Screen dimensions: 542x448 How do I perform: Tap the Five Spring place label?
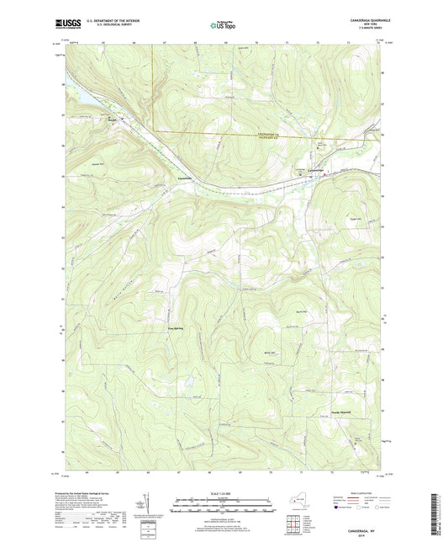point(175,328)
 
